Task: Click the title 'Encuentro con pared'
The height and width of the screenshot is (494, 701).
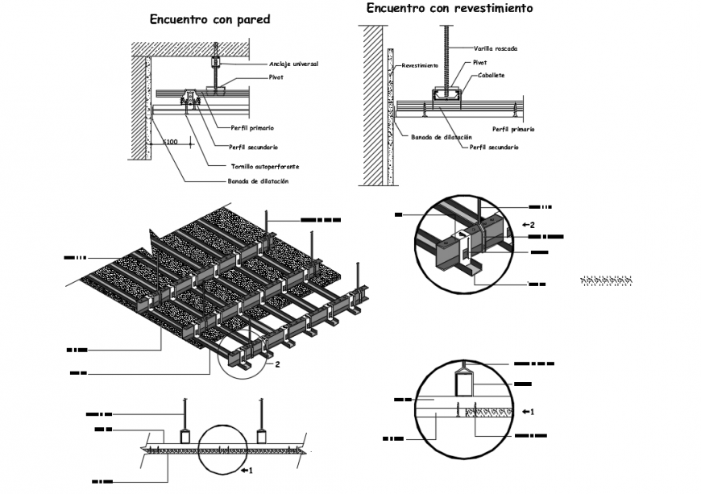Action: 209,19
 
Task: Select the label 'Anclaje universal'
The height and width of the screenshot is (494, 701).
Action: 294,63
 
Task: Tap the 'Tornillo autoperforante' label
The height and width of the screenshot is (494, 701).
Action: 265,166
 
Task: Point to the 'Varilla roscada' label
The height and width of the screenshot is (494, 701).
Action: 495,49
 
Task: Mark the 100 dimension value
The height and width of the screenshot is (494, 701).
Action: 170,142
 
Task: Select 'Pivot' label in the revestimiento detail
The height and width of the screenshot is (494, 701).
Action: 479,62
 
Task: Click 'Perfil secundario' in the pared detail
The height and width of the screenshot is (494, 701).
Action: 253,147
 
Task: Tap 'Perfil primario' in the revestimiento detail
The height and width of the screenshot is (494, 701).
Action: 513,129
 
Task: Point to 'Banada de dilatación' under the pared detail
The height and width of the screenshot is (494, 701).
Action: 257,181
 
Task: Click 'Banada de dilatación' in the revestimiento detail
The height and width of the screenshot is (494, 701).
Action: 441,138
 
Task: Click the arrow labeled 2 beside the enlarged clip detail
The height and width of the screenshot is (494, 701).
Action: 529,224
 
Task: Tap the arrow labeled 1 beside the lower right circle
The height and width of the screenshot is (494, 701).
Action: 529,412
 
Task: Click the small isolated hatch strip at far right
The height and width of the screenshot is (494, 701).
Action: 606,280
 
